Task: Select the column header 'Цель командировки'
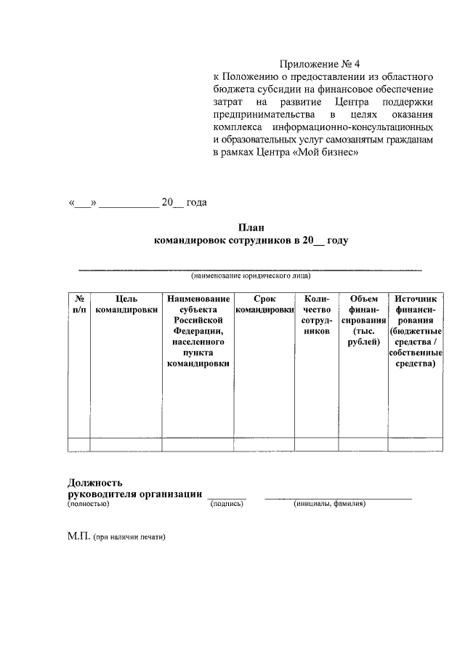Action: tap(126, 304)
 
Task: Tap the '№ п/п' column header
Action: tap(78, 304)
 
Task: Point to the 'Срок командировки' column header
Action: tap(264, 304)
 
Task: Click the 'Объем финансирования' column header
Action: tap(363, 320)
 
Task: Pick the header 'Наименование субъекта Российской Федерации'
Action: tap(198, 331)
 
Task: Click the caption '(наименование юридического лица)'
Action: tap(251, 276)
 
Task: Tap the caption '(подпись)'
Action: tap(227, 503)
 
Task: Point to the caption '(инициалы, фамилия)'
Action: tap(329, 503)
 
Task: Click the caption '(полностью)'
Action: tap(88, 503)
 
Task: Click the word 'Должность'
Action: tap(94, 482)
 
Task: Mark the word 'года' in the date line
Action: tap(196, 202)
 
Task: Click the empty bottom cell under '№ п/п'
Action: tap(78, 444)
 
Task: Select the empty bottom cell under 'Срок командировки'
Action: tap(264, 444)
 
